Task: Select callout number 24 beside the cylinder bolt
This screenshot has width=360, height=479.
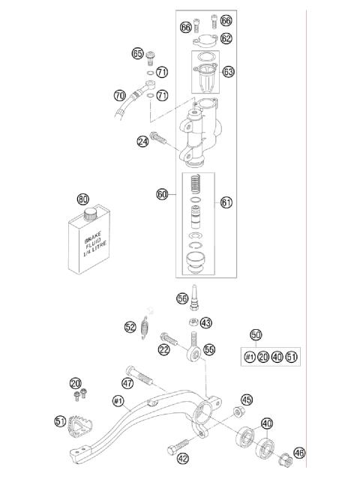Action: (142, 139)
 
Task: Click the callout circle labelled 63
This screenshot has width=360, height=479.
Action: (228, 72)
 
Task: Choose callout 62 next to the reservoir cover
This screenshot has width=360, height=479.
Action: (226, 37)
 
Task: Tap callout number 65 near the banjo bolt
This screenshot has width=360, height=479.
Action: (137, 53)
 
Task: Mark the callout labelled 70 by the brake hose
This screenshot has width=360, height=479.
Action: (119, 96)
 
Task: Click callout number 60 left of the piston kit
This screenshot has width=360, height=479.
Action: (161, 194)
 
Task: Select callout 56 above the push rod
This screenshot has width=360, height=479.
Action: (181, 298)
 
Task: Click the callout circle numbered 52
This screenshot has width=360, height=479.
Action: (130, 326)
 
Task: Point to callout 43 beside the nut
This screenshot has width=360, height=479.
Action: (206, 323)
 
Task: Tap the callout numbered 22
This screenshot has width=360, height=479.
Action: (163, 349)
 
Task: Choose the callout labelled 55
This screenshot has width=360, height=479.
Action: (209, 349)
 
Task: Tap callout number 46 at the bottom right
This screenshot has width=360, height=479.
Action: (299, 453)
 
